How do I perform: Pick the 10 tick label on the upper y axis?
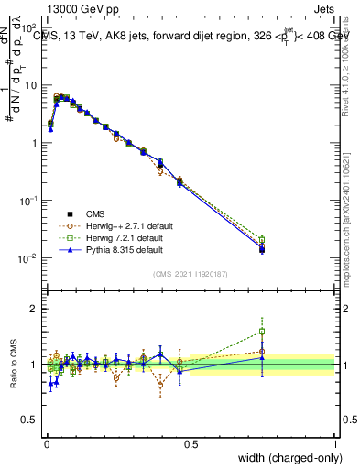coord(29,85)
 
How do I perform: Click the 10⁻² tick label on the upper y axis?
coord(27,258)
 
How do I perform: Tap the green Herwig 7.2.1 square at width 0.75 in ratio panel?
coord(262,332)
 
